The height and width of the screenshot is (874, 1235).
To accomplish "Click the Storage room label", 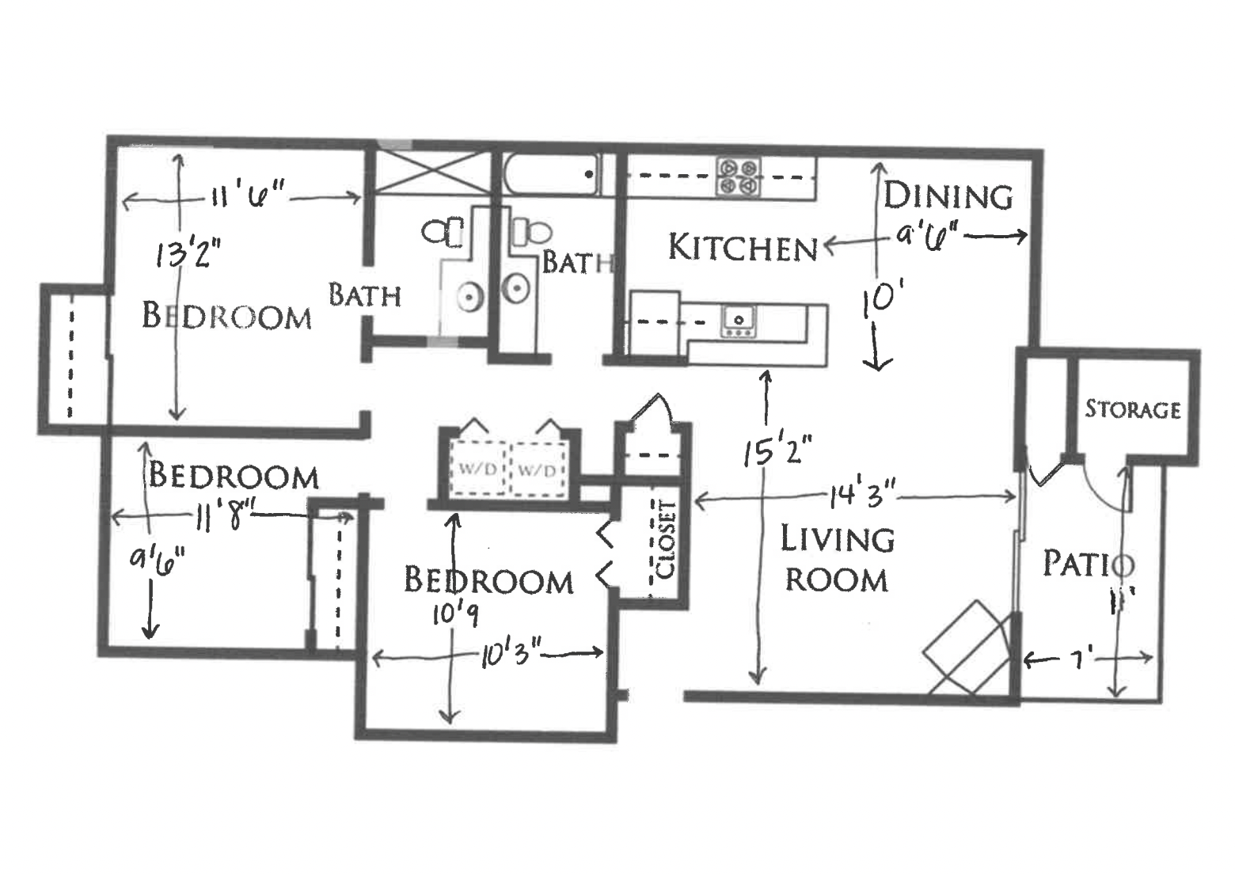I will [x=1132, y=409].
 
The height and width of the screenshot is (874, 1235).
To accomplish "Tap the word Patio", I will [x=1089, y=564].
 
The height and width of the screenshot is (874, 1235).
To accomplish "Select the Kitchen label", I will [x=743, y=248].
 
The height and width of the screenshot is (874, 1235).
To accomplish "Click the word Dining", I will [x=948, y=196].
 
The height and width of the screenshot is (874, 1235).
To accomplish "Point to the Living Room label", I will [x=837, y=559].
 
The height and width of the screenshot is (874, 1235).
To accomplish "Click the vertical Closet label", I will [x=667, y=538].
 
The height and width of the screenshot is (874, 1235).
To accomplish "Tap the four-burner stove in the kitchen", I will [x=738, y=177].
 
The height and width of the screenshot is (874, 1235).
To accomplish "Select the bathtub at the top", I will [x=551, y=174].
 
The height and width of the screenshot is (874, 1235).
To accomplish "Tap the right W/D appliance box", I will [x=538, y=469].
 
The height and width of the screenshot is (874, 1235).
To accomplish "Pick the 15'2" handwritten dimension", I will [x=777, y=451].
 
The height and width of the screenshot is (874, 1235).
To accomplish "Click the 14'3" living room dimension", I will [x=861, y=497].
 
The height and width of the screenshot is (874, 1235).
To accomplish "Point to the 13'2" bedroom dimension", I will [x=188, y=254].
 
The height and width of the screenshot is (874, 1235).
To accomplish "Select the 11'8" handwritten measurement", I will [x=222, y=519].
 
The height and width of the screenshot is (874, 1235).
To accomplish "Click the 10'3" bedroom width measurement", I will [x=510, y=655].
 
